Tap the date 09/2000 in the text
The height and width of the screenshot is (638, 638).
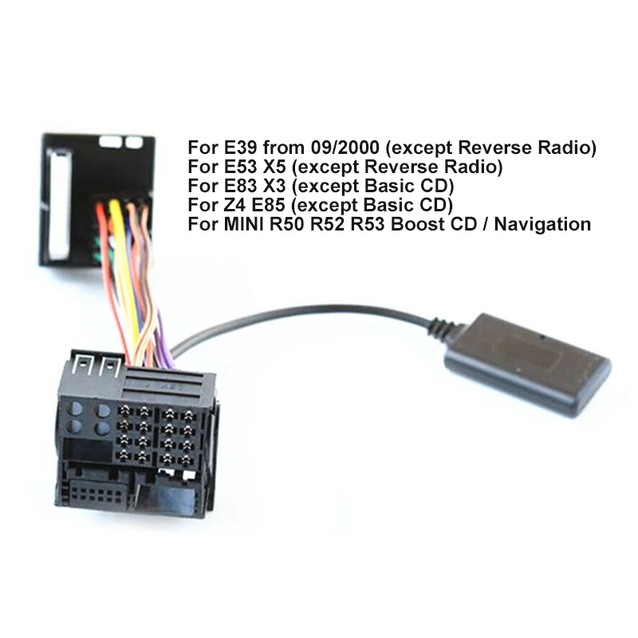334,148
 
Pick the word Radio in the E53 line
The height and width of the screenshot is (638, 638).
474,167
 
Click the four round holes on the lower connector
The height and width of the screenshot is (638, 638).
88,419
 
